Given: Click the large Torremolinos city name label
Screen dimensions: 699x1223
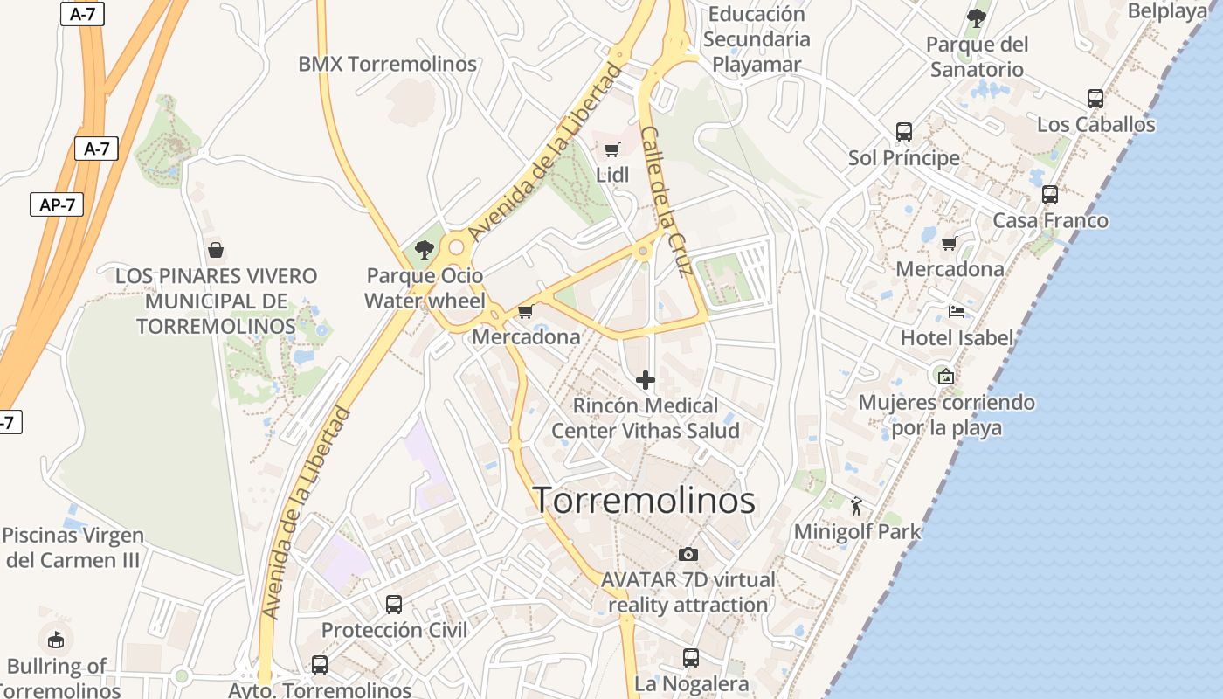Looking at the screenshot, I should coord(644,501).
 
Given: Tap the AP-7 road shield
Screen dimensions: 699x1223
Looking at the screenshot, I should coord(58,204).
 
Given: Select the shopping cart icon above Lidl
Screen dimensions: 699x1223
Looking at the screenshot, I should coord(612,149).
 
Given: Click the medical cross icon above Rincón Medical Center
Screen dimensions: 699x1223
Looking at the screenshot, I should coord(646,380).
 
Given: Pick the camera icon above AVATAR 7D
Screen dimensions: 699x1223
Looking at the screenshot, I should coord(688,554).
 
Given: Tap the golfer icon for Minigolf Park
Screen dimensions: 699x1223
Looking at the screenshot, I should coord(856,505).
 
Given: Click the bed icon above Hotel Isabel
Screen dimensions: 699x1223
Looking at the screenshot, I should coord(957,312).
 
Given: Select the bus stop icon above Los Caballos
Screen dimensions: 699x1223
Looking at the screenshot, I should coord(1095,99).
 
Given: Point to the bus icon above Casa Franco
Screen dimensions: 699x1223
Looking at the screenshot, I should coord(1050,195).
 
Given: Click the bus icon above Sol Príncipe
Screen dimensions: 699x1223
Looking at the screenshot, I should coord(904,132).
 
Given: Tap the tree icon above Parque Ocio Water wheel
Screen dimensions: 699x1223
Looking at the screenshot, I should coord(425,250).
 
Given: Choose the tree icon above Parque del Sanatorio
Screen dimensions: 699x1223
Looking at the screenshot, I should coord(977,17).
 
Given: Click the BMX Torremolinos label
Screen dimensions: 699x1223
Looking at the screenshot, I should coord(387,64).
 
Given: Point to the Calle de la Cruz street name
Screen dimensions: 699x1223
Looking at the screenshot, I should coord(667,201).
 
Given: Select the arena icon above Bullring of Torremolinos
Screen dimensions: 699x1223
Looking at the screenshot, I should coord(56,640).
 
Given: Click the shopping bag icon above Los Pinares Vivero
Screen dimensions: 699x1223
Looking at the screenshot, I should coord(216,250).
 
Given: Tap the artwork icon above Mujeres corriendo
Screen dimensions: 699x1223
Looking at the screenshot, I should coord(945,377).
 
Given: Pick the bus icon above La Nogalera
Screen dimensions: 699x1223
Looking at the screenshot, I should coord(691,658).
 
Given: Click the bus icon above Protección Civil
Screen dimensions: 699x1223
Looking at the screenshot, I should coord(394,605).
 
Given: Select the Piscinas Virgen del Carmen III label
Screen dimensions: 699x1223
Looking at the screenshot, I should coord(73,547).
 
